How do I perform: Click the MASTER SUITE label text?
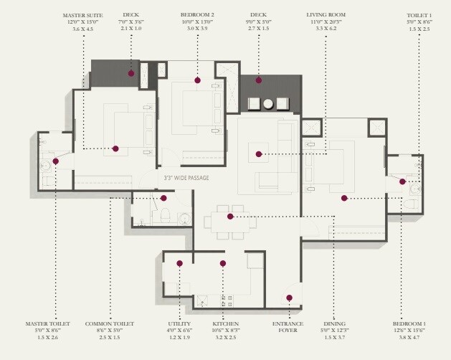(x=83, y=14)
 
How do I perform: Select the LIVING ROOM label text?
(x=326, y=14)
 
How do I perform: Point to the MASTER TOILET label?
(x=48, y=324)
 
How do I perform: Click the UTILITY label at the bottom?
(x=179, y=324)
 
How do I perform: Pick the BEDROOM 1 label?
(x=409, y=324)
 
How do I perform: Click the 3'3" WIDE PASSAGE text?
(x=186, y=177)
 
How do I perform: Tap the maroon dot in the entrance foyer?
(x=290, y=298)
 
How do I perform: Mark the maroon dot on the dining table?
(x=230, y=216)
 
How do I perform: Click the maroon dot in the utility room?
(x=179, y=264)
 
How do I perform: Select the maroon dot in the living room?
(x=259, y=153)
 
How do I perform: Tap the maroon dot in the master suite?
(x=115, y=149)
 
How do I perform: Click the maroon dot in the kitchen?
(x=223, y=264)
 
